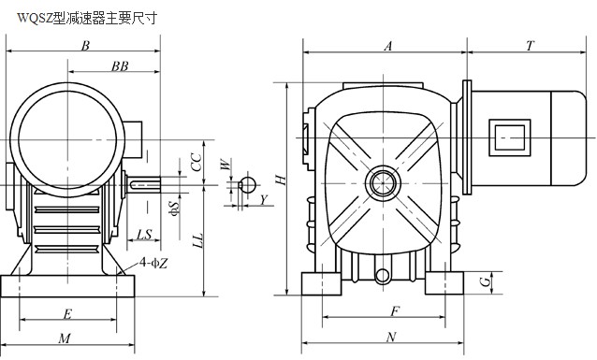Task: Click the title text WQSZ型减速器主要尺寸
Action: point(87,18)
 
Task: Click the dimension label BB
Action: point(120,66)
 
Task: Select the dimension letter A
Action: point(388,46)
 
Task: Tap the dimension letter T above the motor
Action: point(530,46)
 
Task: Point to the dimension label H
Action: point(281,180)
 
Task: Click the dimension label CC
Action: point(196,162)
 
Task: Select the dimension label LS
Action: point(144,235)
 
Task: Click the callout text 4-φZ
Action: point(153,263)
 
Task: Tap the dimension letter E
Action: point(67,314)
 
